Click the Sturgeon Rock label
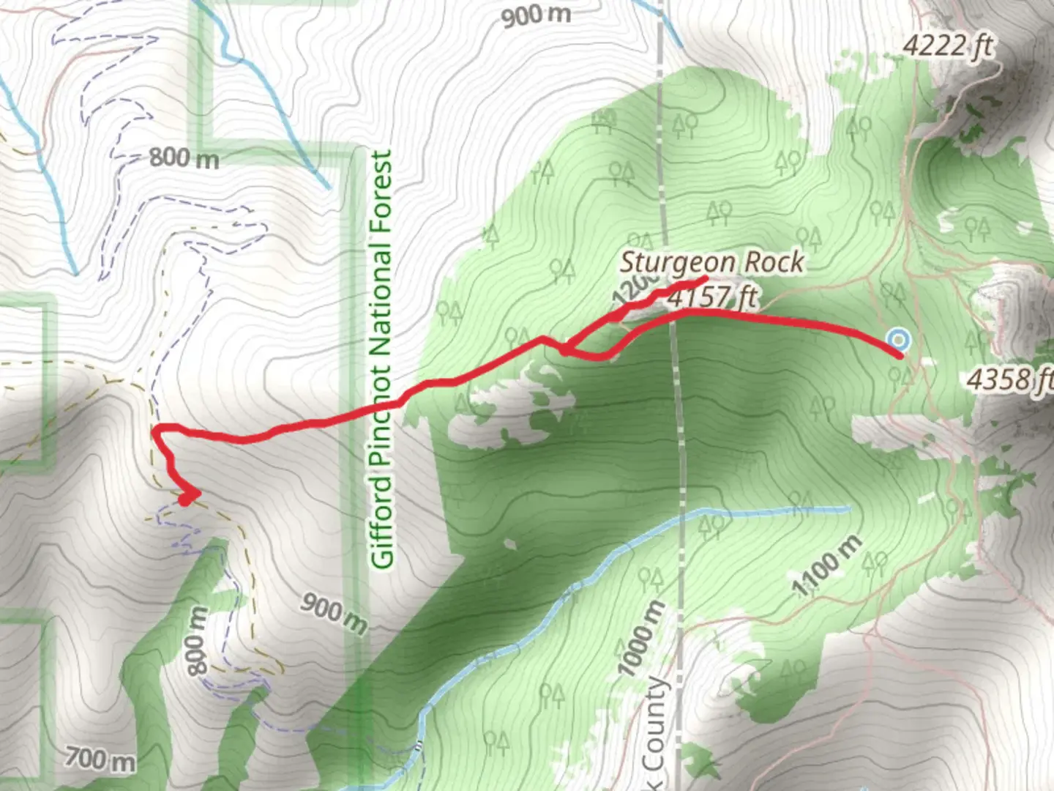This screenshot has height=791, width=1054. (x=711, y=262)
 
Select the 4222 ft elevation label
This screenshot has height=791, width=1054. (x=948, y=46)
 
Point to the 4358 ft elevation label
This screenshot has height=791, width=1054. (x=1010, y=379)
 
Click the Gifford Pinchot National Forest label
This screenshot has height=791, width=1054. (x=382, y=359)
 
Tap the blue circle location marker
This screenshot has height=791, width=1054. (x=898, y=340)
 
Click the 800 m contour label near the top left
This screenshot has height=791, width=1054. (x=184, y=157)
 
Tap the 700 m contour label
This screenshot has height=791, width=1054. (x=100, y=759)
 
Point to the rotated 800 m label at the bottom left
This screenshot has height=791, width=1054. (x=197, y=641)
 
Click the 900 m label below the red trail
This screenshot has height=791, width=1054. (x=334, y=613)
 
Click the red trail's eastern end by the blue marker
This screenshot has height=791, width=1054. (x=900, y=356)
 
